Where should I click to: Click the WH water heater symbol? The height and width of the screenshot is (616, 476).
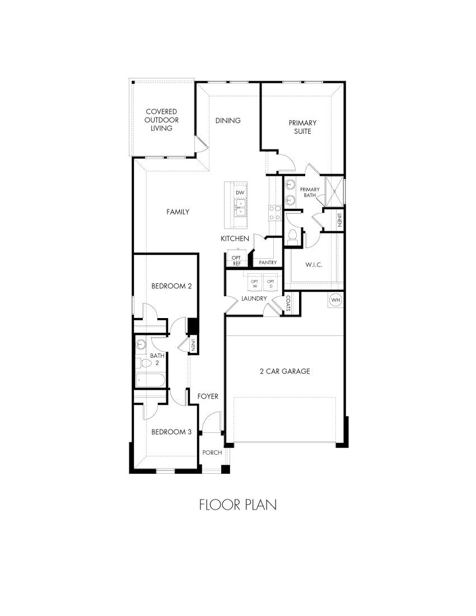(335, 300)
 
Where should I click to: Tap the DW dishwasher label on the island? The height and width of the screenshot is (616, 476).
(240, 193)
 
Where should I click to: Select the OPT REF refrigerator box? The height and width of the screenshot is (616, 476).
(236, 260)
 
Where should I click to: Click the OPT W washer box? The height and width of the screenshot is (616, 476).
(255, 283)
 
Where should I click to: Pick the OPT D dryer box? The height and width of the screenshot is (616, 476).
(271, 283)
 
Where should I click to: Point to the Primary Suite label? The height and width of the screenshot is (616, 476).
(302, 127)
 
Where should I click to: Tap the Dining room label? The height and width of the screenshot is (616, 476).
(228, 120)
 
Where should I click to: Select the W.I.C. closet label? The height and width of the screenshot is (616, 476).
(314, 264)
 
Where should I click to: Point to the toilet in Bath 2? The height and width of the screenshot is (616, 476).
(144, 363)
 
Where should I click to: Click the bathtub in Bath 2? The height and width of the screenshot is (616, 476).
(150, 381)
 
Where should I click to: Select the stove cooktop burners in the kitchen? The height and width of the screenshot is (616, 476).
(274, 213)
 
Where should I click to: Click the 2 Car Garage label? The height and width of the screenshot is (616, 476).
(284, 371)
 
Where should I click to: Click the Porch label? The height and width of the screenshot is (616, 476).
(212, 452)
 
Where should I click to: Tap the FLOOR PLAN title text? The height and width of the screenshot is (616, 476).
(238, 505)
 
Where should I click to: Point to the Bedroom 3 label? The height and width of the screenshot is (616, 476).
(172, 432)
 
